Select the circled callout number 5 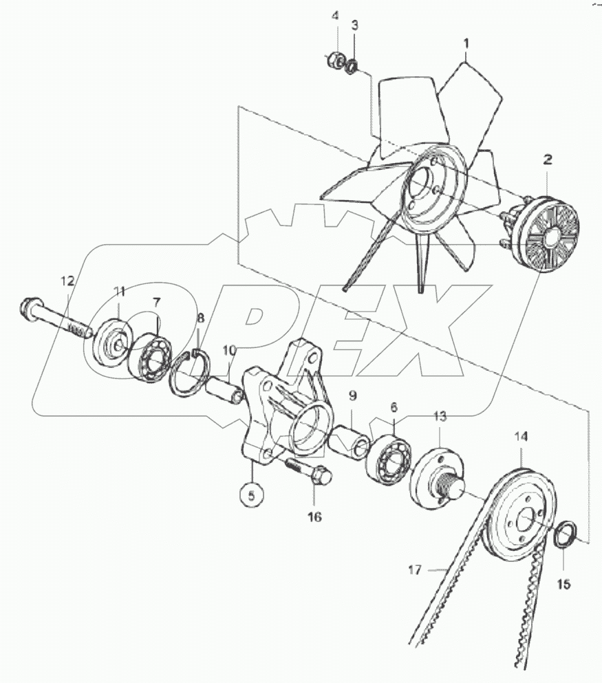(251, 494)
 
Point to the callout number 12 (66, 281)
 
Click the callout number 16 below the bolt (314, 516)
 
